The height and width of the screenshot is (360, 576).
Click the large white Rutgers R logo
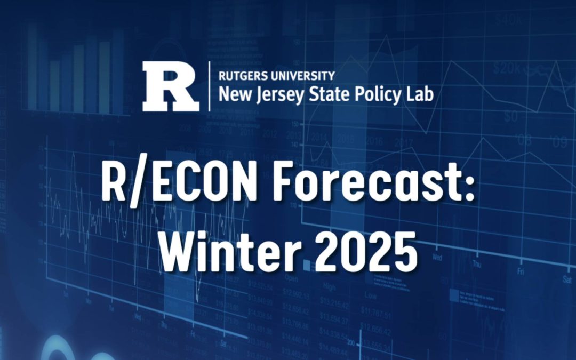[170, 87]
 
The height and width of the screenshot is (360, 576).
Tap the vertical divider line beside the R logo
[210, 86]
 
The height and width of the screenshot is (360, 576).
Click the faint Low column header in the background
[370, 294]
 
